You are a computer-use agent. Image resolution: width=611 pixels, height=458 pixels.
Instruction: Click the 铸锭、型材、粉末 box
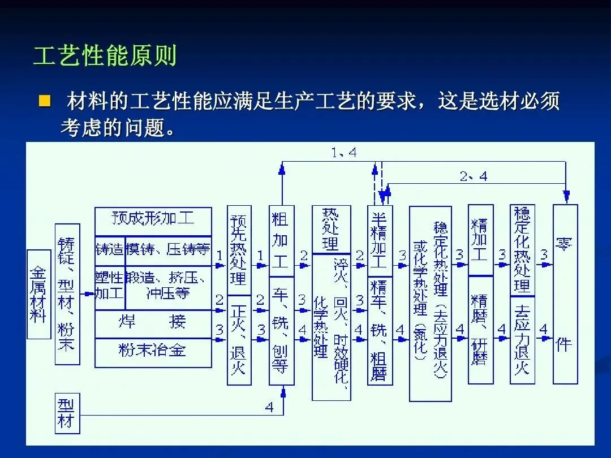(67, 294)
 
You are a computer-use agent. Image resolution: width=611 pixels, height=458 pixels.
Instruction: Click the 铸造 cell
(109, 249)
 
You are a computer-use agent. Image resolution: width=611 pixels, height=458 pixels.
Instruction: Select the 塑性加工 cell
(109, 286)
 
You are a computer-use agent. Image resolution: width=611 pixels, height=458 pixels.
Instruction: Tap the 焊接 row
(153, 322)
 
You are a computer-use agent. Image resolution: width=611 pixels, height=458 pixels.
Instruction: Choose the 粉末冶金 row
(153, 351)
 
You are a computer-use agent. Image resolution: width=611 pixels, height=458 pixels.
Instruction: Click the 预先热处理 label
(239, 250)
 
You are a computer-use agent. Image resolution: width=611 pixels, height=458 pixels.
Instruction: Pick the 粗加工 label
(281, 240)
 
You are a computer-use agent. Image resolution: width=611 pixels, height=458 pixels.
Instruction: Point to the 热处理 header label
(331, 229)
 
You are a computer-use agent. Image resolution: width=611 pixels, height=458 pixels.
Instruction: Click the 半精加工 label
(379, 240)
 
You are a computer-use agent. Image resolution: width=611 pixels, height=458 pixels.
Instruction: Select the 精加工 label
(480, 240)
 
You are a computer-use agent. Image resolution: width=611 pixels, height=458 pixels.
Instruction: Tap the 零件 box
(565, 294)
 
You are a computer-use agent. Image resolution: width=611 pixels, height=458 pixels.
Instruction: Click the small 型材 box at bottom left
(67, 414)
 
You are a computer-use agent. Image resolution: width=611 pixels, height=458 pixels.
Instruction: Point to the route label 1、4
(343, 152)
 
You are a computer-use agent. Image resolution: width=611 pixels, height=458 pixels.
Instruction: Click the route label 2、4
(473, 176)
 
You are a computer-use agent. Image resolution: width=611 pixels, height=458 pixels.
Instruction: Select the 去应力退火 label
(522, 339)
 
